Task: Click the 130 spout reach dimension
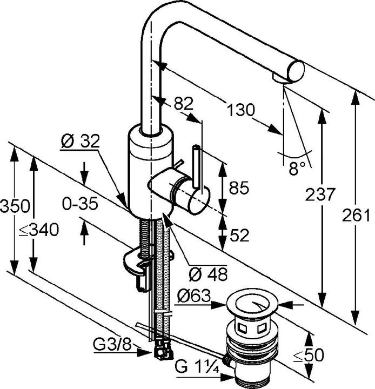[241, 110]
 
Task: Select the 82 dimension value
[183, 103]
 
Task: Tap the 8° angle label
[297, 168]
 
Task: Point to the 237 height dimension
[320, 194]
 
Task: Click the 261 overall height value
[356, 215]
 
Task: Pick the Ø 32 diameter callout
[80, 141]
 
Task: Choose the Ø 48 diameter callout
[208, 274]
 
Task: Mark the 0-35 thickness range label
[80, 204]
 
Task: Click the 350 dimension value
[15, 206]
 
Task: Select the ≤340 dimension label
[39, 230]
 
